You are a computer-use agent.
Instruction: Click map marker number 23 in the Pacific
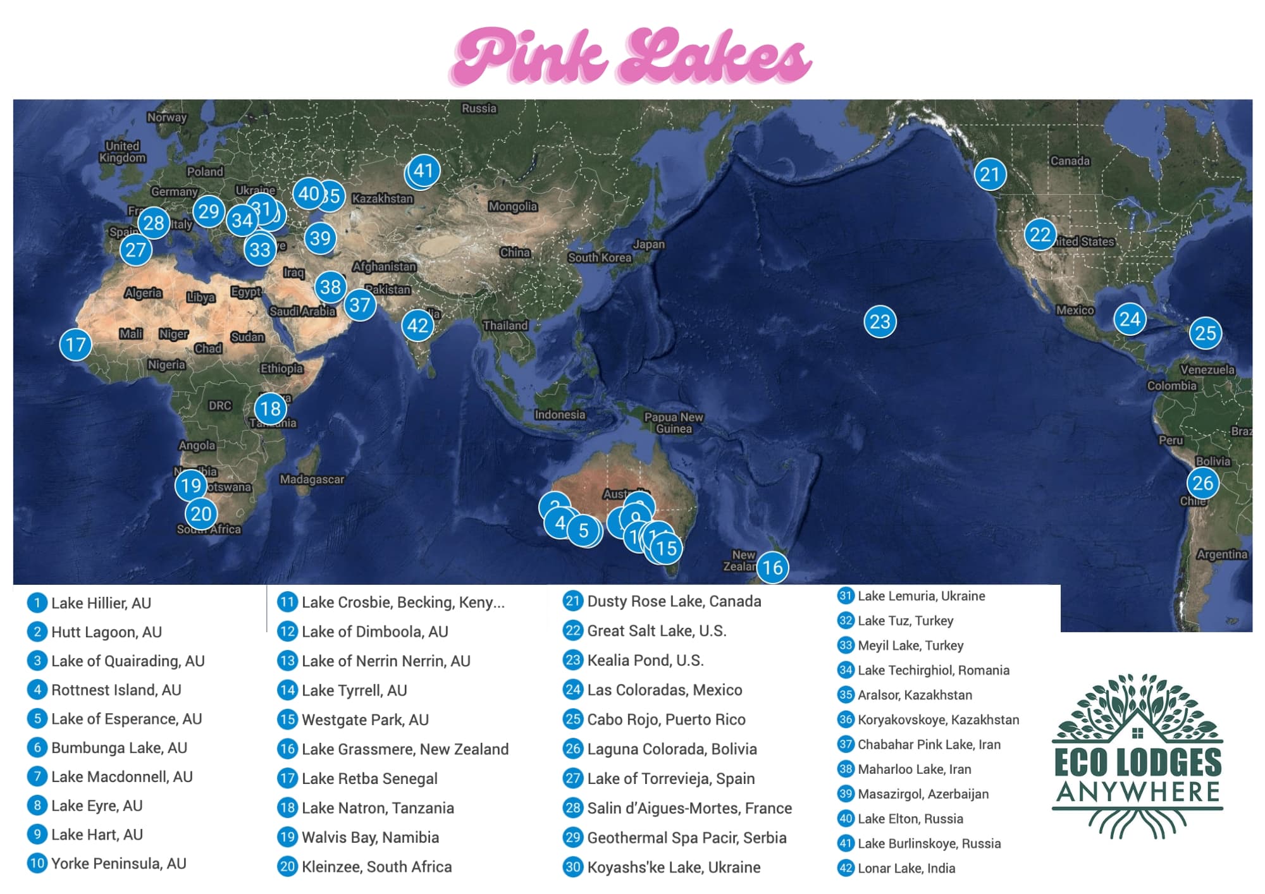point(880,322)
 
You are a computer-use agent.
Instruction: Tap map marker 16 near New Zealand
point(772,567)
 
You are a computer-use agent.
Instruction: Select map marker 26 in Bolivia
point(1202,483)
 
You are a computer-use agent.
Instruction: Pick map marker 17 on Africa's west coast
point(76,345)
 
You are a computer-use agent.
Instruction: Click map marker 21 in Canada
point(990,174)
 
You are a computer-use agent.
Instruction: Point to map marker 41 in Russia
point(423,171)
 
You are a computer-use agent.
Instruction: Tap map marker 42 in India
point(417,325)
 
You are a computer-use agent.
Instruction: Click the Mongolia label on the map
point(512,206)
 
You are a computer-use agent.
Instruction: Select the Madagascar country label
point(312,479)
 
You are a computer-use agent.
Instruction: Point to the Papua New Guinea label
point(674,422)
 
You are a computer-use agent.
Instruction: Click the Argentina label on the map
point(1222,554)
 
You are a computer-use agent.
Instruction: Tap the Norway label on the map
point(166,117)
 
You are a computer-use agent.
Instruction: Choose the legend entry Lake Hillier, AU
point(101,603)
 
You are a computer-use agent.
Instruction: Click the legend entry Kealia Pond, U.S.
point(645,660)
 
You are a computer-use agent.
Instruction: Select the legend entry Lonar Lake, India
point(906,868)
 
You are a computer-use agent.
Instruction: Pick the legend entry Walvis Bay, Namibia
point(370,837)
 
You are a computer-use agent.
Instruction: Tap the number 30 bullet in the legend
point(573,867)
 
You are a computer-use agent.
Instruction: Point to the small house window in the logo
point(1137,733)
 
